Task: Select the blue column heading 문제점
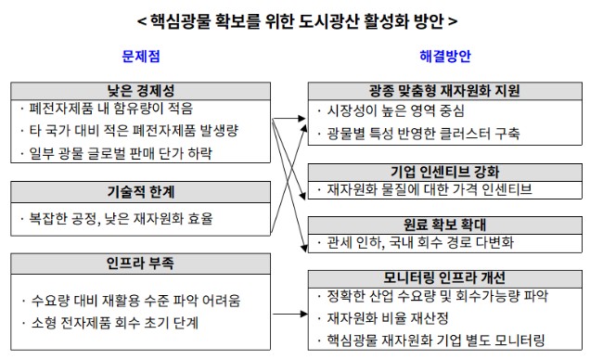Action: pos(141,57)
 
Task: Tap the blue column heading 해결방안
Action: pos(445,57)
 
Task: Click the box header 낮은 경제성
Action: pos(141,90)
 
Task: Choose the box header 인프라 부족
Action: pos(141,261)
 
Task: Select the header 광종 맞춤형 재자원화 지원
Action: pos(443,90)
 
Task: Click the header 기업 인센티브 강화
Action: pos(443,171)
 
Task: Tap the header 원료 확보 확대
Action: pos(443,225)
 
